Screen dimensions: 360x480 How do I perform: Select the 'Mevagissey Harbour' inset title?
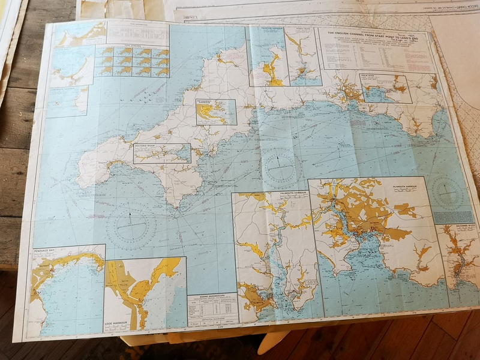(x=209, y=103)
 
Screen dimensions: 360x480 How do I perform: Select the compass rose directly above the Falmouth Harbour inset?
(x=280, y=166)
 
